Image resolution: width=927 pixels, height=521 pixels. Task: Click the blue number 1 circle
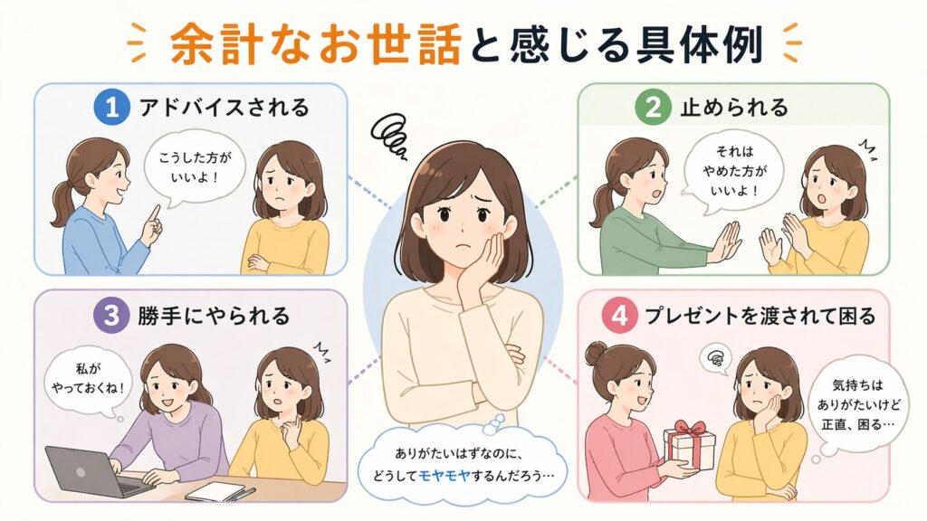[x=111, y=107]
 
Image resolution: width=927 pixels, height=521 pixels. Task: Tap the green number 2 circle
[x=653, y=107]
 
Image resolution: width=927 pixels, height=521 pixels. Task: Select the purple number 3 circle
[x=111, y=315]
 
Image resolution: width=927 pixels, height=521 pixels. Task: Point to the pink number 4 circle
[x=619, y=315]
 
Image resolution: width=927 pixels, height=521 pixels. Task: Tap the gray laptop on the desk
[x=94, y=470]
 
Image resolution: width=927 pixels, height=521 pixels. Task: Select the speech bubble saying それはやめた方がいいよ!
[x=732, y=170]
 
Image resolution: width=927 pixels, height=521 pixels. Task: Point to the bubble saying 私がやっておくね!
[x=88, y=381]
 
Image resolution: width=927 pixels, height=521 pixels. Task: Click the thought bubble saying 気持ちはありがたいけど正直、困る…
[x=858, y=408]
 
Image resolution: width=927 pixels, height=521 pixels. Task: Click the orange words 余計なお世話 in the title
[x=316, y=43]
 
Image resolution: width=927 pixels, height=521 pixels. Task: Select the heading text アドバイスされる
[x=225, y=108]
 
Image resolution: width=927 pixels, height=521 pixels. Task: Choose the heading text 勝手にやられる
[x=214, y=316]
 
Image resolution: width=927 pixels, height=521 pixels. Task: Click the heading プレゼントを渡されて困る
[x=760, y=316]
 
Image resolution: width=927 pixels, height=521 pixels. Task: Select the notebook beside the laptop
[x=215, y=490]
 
